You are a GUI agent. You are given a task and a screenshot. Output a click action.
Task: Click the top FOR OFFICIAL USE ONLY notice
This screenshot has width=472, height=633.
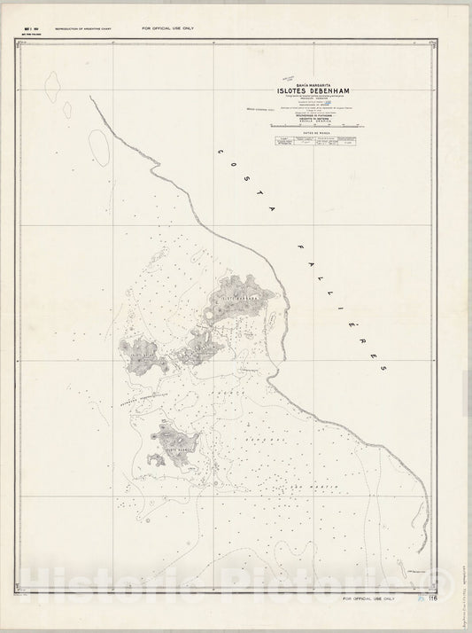tap(167, 28)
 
